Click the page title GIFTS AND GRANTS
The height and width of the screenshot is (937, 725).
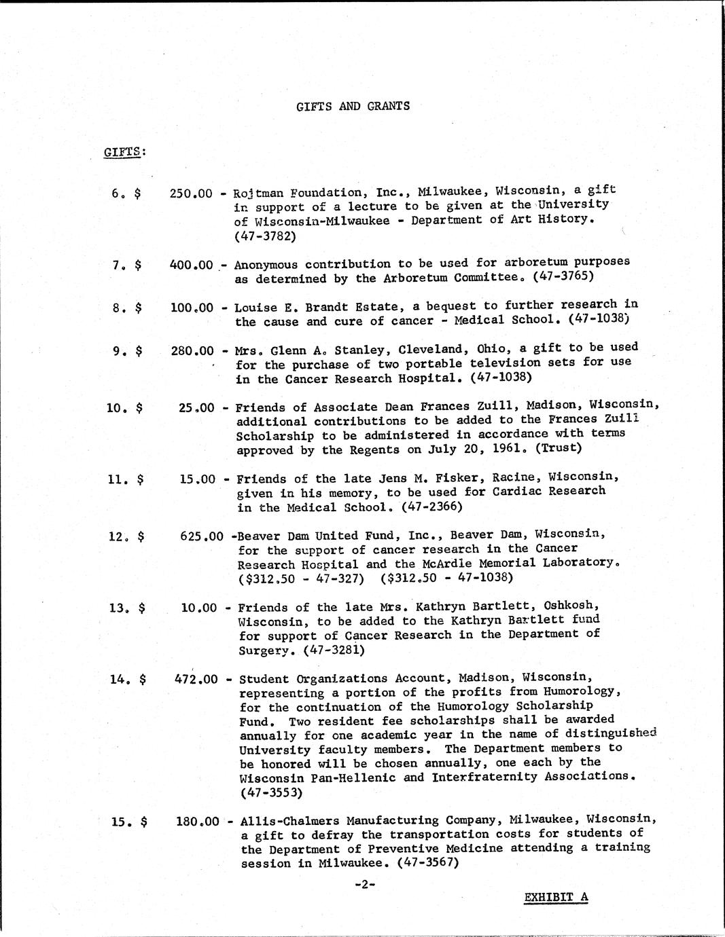pyautogui.click(x=353, y=106)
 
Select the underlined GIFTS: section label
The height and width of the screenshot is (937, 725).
pyautogui.click(x=124, y=151)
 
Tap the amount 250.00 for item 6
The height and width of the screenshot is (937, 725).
pyautogui.click(x=191, y=193)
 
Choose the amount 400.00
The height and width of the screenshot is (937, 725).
pyautogui.click(x=191, y=264)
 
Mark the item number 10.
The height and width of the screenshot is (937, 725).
pyautogui.click(x=116, y=407)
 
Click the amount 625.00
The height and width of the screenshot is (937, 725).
pyautogui.click(x=202, y=536)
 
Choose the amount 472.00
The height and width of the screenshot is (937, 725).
pyautogui.click(x=196, y=678)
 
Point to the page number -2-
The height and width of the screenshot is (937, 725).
pyautogui.click(x=366, y=884)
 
